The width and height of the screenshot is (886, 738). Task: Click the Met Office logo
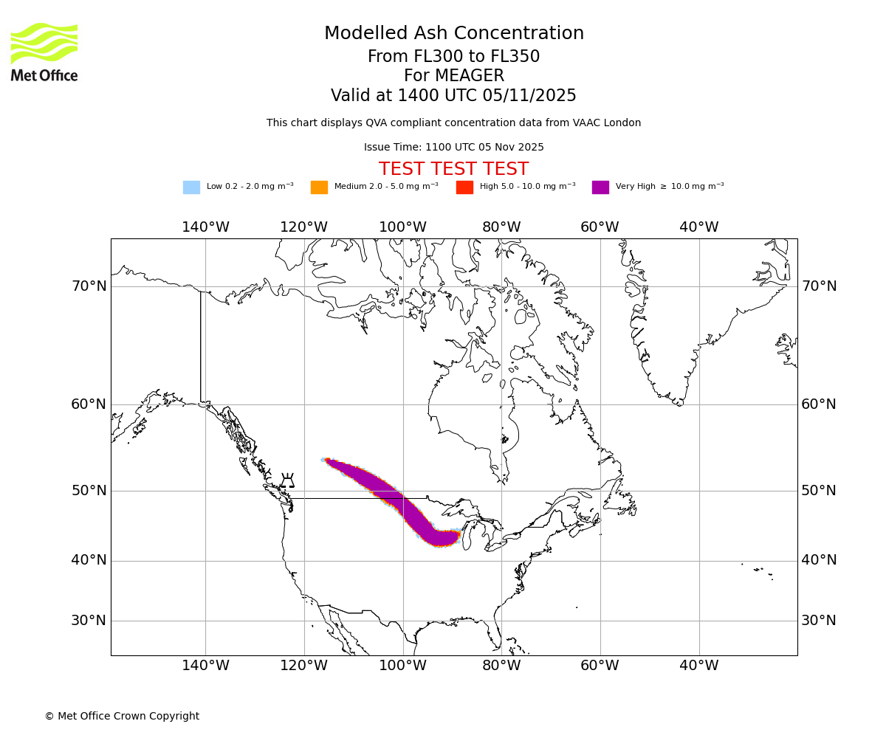pyautogui.click(x=44, y=52)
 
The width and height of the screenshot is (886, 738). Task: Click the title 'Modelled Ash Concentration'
pyautogui.click(x=454, y=34)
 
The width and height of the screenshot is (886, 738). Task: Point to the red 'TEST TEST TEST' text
pyautogui.click(x=453, y=170)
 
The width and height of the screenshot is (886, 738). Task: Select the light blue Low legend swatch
pyautogui.click(x=191, y=187)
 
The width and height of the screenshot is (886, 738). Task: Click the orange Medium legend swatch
pyautogui.click(x=319, y=187)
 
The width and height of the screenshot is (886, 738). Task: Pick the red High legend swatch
pyautogui.click(x=464, y=187)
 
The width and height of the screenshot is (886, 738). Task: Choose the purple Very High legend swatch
pyautogui.click(x=600, y=187)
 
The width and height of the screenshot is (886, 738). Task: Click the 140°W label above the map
pyautogui.click(x=205, y=227)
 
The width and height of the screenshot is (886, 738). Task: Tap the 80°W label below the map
pyautogui.click(x=501, y=666)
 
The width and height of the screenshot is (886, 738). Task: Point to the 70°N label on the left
pyautogui.click(x=89, y=286)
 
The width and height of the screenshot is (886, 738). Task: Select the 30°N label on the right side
pyautogui.click(x=819, y=621)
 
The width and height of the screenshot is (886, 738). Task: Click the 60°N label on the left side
pyautogui.click(x=89, y=404)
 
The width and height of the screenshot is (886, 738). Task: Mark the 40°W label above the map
pyautogui.click(x=698, y=227)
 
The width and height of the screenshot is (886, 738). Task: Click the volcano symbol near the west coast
pyautogui.click(x=288, y=481)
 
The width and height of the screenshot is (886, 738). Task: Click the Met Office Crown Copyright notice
pyautogui.click(x=122, y=716)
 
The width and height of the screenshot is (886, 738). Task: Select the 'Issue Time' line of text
pyautogui.click(x=453, y=148)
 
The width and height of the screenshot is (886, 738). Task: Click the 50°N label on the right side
pyautogui.click(x=819, y=491)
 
